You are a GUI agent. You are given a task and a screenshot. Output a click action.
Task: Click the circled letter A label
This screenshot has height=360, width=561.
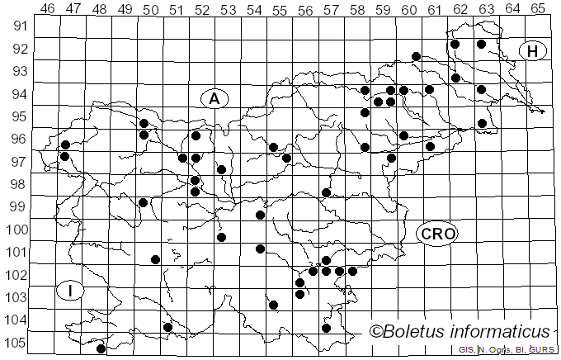pos(214,98)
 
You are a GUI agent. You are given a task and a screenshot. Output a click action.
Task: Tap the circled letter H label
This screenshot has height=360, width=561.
pos(533,51)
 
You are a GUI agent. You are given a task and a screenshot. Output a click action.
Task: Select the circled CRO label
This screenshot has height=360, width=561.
pos(437,234)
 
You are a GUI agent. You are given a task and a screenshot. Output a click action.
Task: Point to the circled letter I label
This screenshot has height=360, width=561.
pos(72,290)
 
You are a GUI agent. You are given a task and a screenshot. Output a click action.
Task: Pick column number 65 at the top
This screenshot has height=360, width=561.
pos(538,9)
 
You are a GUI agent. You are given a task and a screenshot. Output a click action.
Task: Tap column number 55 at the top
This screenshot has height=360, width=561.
pos(280,9)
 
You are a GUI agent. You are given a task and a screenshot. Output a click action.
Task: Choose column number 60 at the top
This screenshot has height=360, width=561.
pos(408,9)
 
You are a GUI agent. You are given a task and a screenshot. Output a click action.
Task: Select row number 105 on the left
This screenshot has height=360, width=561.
pos(18,343)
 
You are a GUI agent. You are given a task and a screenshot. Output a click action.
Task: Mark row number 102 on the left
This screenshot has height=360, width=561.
pos(18,275)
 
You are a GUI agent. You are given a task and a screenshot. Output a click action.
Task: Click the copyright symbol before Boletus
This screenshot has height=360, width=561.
pos(375,332)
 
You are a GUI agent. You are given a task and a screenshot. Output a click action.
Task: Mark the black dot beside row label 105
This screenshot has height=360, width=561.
pos(101,348)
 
